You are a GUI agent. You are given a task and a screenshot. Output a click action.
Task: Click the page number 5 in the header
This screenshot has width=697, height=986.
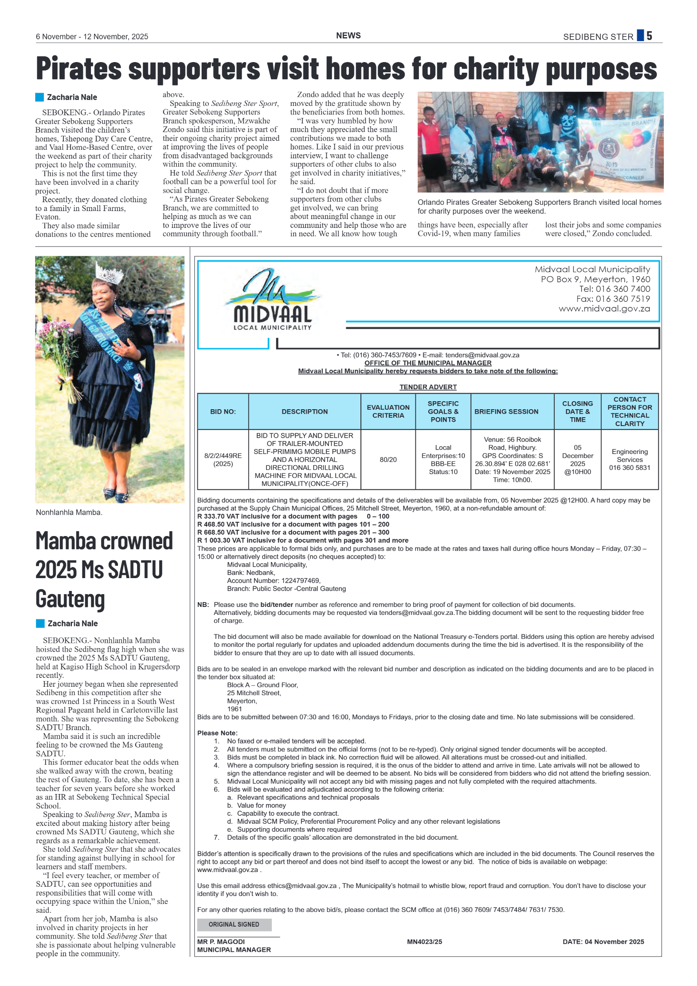coord(649,36)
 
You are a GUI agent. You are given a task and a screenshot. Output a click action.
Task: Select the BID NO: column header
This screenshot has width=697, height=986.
coord(223,411)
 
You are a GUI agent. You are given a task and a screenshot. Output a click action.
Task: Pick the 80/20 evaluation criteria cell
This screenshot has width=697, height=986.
coord(388,460)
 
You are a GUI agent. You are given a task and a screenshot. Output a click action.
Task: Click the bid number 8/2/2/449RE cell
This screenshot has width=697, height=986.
coord(223,460)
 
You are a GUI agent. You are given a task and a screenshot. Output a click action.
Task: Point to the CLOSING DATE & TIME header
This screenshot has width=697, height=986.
coord(577,411)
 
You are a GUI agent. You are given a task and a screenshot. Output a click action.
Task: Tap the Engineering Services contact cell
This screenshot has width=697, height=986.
coord(630,460)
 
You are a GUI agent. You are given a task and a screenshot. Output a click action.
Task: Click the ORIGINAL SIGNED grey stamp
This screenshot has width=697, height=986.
coord(234,924)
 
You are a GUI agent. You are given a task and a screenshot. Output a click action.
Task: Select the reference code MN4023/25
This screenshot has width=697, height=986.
coord(424,942)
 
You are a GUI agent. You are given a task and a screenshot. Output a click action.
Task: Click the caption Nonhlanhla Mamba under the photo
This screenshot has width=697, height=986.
coord(69,513)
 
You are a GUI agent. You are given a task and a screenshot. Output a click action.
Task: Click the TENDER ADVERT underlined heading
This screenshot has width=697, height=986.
coord(428,387)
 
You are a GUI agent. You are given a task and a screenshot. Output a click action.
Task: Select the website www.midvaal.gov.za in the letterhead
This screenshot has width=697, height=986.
coord(604,309)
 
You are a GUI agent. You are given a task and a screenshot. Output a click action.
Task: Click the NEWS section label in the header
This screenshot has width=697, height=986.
coord(348,36)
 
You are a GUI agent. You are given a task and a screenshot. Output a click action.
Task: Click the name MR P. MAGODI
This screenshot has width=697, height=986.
coord(221,942)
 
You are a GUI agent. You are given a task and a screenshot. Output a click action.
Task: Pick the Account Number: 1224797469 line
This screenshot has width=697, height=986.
coord(274,581)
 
